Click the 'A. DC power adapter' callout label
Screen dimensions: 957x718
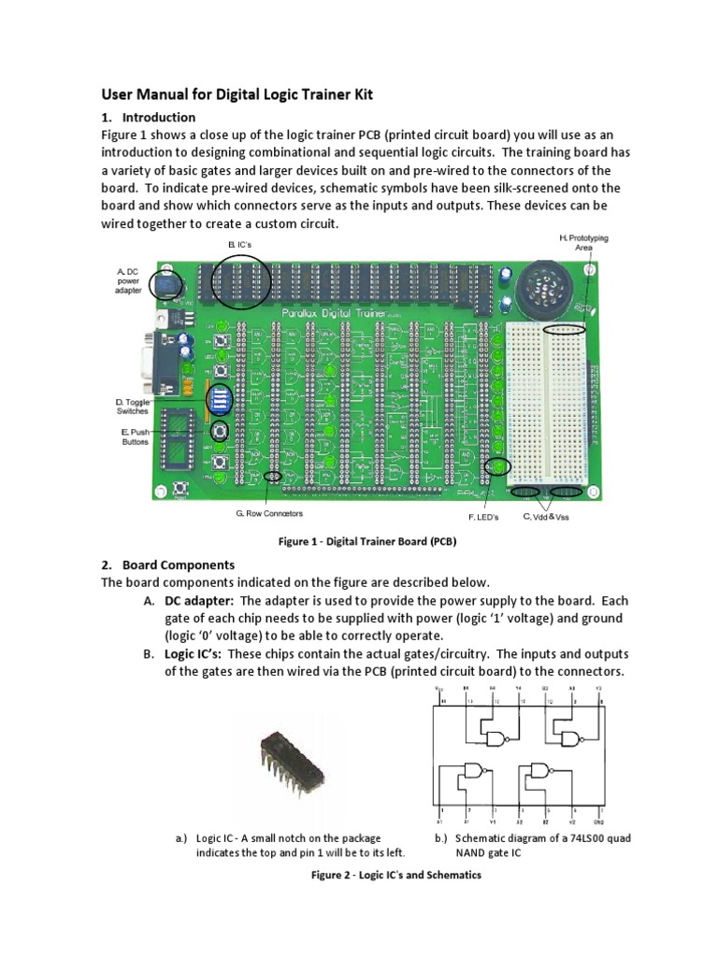tap(129, 280)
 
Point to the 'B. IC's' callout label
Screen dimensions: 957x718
tap(242, 244)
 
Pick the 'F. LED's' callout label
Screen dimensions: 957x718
tap(483, 516)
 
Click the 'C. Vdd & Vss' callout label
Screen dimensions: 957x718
tap(545, 516)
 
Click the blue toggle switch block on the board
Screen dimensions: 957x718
tap(222, 397)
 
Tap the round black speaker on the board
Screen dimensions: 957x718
tap(543, 281)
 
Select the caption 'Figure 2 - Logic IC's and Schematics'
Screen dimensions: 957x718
tap(395, 876)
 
